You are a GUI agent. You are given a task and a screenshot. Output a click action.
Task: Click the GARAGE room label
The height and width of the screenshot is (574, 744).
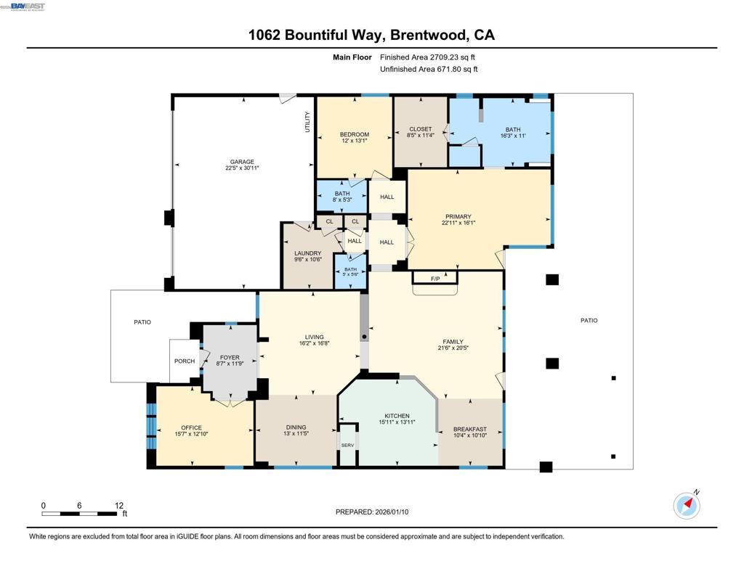242,162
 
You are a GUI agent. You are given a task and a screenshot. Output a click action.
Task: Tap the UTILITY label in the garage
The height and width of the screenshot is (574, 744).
307,120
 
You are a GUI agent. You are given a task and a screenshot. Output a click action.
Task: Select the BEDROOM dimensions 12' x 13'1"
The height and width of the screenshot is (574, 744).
355,141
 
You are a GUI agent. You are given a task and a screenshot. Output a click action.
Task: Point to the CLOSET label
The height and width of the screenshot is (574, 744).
420,129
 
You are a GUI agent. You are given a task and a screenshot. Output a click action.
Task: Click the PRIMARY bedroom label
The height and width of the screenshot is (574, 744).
458,216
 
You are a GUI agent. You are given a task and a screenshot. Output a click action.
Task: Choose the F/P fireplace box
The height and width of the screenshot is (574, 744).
435,279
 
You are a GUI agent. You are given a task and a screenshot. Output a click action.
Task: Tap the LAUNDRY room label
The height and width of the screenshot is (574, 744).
307,253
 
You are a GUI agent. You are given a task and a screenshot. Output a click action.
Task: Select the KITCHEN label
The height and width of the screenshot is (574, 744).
397,416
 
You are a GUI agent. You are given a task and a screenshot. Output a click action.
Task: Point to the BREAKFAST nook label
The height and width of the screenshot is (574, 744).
469,429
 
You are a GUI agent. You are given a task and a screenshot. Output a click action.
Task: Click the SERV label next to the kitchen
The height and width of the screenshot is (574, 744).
347,446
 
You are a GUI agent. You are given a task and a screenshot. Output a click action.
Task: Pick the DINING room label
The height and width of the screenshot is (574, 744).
296,427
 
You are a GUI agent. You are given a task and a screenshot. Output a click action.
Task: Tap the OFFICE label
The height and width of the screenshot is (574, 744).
191,427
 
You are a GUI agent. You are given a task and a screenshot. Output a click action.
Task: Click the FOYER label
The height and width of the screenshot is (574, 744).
230,358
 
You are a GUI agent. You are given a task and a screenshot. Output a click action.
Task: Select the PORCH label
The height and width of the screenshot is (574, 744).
185,361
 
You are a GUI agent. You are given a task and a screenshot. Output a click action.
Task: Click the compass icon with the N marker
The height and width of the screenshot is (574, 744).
687,505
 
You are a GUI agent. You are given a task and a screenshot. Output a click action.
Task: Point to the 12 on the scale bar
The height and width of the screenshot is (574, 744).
119,506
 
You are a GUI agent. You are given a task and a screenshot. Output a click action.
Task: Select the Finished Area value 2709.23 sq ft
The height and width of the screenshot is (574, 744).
428,57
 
